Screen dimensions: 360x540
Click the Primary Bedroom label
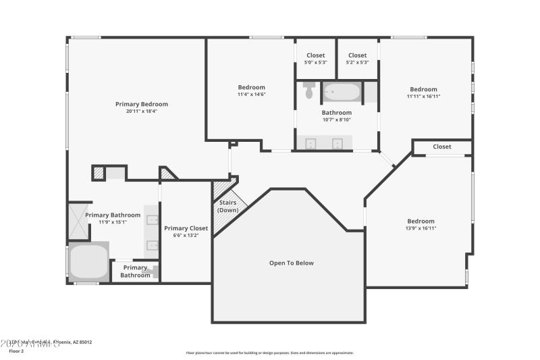click(141, 104)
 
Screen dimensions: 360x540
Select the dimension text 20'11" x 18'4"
click(141, 111)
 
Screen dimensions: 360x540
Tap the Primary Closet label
click(186, 228)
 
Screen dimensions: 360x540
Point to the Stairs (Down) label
click(227, 206)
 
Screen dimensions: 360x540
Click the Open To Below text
click(291, 263)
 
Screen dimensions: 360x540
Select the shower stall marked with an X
click(79, 221)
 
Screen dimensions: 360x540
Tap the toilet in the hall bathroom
click(309, 90)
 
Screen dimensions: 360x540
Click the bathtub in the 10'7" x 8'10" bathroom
click(342, 91)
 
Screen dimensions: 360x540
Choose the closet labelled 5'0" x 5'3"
click(315, 59)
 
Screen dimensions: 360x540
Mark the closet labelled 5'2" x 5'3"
click(357, 59)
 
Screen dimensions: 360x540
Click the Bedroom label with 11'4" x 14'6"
click(251, 87)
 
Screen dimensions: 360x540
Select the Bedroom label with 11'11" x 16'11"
click(423, 89)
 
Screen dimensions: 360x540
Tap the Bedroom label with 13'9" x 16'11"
click(421, 221)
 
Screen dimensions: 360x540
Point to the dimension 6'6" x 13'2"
click(186, 236)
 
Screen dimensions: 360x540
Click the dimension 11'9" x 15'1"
click(113, 222)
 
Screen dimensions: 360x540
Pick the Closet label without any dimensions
click(442, 147)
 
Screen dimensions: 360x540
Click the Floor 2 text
click(16, 351)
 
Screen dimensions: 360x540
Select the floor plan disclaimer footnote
click(269, 353)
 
